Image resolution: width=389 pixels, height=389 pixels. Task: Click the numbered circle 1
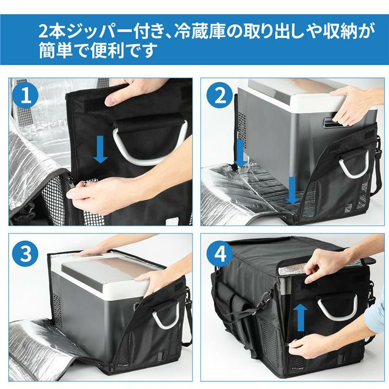pos(26,96)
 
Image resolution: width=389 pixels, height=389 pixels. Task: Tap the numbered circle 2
pos(219,96)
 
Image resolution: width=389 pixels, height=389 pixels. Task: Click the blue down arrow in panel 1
pos(101,149)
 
